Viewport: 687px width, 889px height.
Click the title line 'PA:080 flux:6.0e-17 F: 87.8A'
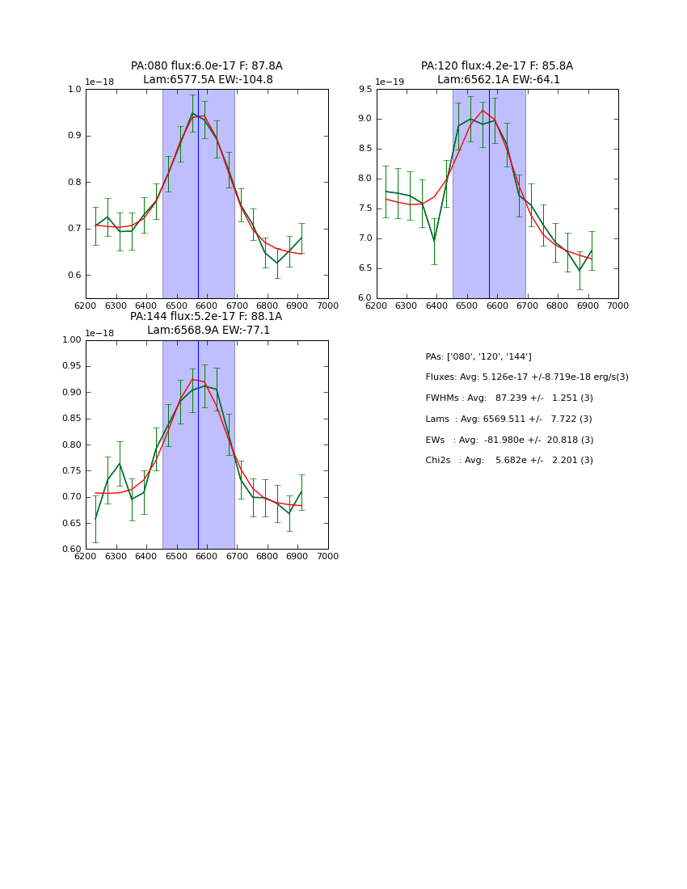pos(207,66)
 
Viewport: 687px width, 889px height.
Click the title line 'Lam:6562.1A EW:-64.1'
pos(498,80)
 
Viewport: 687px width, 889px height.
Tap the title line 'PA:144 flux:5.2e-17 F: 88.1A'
pos(206,317)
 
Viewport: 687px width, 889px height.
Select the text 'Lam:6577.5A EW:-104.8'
pos(208,80)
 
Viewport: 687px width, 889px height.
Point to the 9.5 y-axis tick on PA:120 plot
pos(364,90)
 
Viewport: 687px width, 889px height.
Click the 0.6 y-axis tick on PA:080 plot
pos(74,276)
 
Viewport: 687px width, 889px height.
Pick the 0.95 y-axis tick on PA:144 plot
pos(71,366)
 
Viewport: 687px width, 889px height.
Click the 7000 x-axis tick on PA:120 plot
pos(617,305)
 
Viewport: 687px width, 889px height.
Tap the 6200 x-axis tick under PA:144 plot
pos(86,556)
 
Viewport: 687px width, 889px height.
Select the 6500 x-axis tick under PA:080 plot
pos(176,305)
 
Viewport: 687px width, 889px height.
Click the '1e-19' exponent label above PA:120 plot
pos(389,82)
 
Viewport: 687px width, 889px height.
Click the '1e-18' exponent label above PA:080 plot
pos(99,82)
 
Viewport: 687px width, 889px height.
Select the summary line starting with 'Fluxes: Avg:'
pos(526,377)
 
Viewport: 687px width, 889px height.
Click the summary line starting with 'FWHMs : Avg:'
pos(509,398)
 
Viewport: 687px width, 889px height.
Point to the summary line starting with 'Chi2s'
pos(509,461)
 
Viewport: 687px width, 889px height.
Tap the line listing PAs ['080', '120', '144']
pos(478,356)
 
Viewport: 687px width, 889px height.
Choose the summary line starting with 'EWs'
pos(509,440)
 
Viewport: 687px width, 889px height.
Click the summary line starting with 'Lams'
pos(508,419)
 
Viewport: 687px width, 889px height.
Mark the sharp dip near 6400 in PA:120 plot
pos(434,241)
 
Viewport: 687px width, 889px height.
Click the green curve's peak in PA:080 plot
pos(192,113)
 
